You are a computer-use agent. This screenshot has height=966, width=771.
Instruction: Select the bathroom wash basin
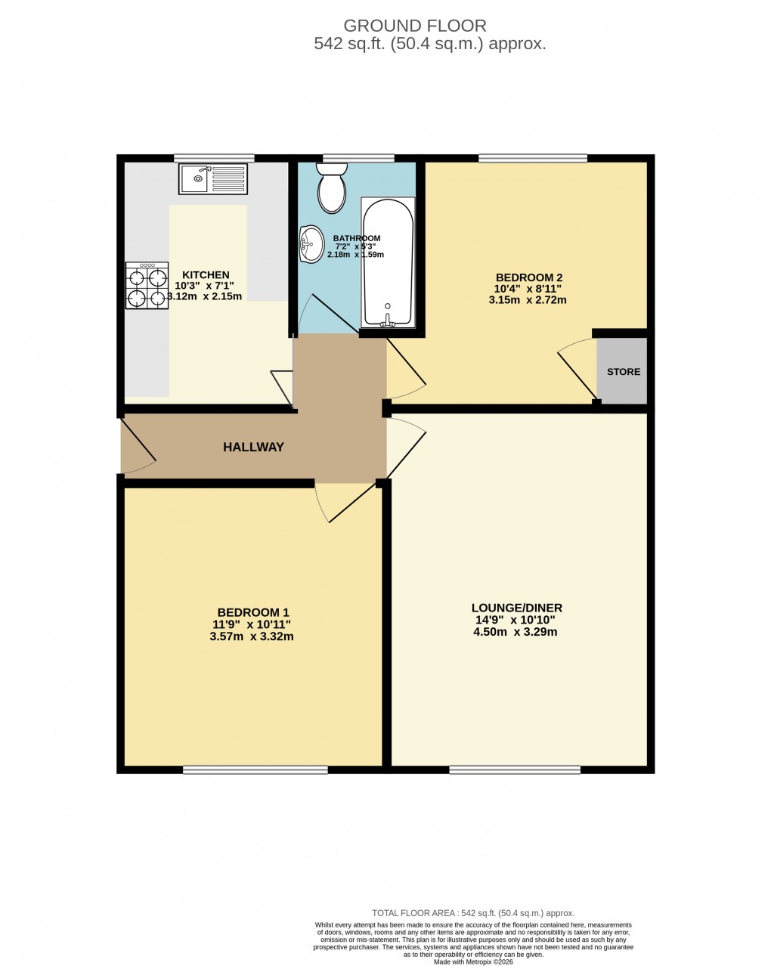tap(310, 243)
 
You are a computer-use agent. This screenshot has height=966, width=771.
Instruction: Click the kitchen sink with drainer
tap(213, 179)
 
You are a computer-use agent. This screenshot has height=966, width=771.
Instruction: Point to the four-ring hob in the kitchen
tap(147, 286)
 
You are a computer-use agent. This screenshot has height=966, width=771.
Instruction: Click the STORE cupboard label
tap(624, 372)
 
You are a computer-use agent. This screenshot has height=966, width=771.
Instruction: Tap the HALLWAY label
tap(253, 447)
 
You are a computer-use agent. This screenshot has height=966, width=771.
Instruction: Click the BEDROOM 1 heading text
tap(253, 612)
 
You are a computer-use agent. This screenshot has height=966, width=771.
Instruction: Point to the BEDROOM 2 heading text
tap(528, 277)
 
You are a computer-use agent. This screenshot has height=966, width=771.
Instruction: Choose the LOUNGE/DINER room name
tap(517, 608)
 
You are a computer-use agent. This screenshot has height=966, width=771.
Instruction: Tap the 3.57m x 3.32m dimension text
tap(252, 636)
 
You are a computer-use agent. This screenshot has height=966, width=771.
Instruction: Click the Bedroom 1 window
tap(255, 769)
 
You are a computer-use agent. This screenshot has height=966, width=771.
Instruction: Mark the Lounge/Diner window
tap(515, 769)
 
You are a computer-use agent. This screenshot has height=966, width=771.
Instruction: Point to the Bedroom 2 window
tap(533, 158)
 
